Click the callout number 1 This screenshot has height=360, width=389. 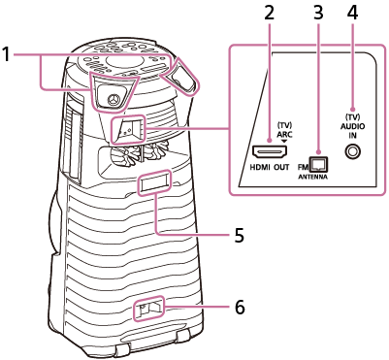(x=8, y=55)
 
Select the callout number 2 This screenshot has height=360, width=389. (x=269, y=13)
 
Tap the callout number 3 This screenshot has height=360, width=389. (x=317, y=13)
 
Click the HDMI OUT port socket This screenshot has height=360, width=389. (x=267, y=153)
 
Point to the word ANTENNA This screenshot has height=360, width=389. (x=312, y=180)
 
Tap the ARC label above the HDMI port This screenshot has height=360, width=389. (x=284, y=134)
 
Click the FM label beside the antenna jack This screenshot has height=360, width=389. (x=303, y=167)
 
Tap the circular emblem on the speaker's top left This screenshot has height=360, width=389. (x=113, y=98)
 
